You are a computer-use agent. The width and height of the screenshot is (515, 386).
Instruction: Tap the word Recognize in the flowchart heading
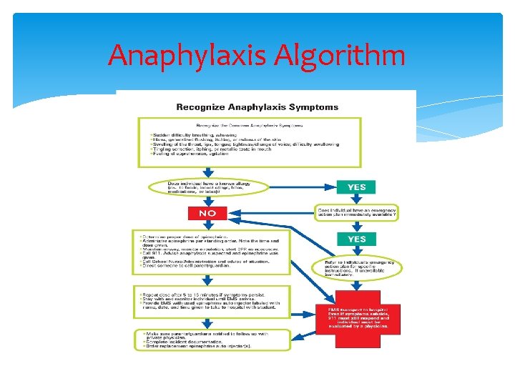tap(202, 107)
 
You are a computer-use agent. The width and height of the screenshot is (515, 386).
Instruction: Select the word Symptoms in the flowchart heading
tap(312, 107)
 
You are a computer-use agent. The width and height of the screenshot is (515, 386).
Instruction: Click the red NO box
tap(207, 213)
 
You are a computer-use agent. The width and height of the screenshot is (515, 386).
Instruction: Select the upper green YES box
tap(356, 187)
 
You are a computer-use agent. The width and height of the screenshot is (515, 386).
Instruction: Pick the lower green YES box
tap(356, 239)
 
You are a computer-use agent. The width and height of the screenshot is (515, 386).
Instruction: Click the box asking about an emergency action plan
tap(356, 213)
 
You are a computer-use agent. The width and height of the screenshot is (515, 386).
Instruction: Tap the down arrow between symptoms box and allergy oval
tap(207, 173)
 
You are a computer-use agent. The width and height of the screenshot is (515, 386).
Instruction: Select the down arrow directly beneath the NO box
tap(207, 224)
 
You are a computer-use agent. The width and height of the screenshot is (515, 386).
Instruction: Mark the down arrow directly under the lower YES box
tap(356, 252)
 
